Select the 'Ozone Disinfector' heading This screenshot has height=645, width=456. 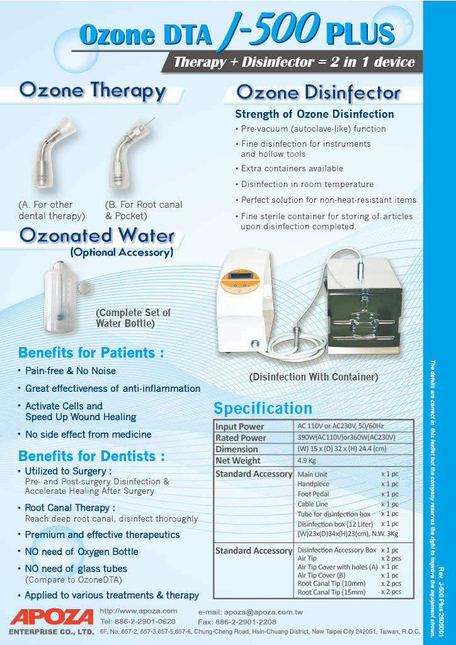pos(318,93)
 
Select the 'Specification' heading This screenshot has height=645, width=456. pos(263,408)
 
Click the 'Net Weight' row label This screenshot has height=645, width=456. pos(238,460)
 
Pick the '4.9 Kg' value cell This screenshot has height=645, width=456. pos(307,460)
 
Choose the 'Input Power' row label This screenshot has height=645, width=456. pos(240,426)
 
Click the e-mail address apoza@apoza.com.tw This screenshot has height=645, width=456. pos(250,612)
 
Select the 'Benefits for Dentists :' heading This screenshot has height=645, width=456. pos(91,455)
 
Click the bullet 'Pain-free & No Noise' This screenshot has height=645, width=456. pos(71,371)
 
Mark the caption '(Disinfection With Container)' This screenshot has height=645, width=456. pos(314,377)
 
